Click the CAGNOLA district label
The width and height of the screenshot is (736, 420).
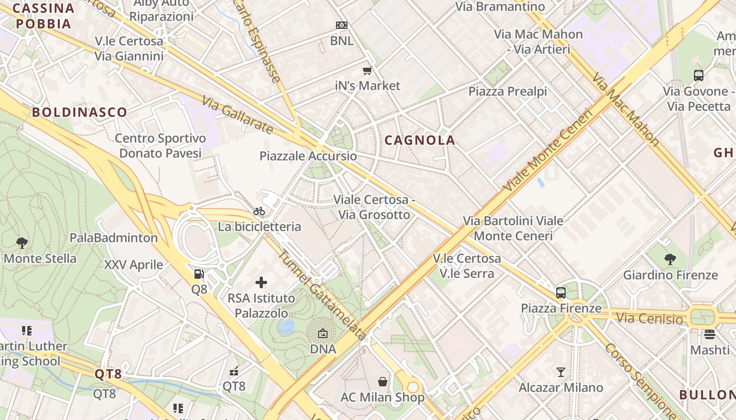(420, 140)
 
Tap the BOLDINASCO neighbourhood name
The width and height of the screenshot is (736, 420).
(79, 112)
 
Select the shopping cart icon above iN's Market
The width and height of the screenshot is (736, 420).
(367, 70)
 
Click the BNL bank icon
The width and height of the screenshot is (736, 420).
(342, 25)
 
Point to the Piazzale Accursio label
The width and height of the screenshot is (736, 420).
(308, 156)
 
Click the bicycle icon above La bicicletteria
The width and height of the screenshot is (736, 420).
(259, 212)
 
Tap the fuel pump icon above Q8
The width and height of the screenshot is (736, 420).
(199, 274)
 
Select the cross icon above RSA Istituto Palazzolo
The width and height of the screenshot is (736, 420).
(261, 283)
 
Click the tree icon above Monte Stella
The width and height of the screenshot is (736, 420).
(22, 243)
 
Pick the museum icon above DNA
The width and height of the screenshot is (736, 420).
(323, 334)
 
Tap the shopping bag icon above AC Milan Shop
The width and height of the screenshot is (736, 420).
(383, 382)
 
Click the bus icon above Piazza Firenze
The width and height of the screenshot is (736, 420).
(561, 293)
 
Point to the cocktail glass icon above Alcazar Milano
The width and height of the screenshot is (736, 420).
(561, 372)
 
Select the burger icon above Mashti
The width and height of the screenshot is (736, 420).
(710, 334)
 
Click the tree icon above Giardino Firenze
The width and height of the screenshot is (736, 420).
(670, 259)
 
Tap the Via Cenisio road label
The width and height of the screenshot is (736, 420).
(649, 318)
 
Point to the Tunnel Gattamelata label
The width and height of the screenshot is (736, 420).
(321, 296)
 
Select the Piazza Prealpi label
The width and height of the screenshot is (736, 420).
(508, 91)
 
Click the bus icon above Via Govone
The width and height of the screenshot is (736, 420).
(698, 76)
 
